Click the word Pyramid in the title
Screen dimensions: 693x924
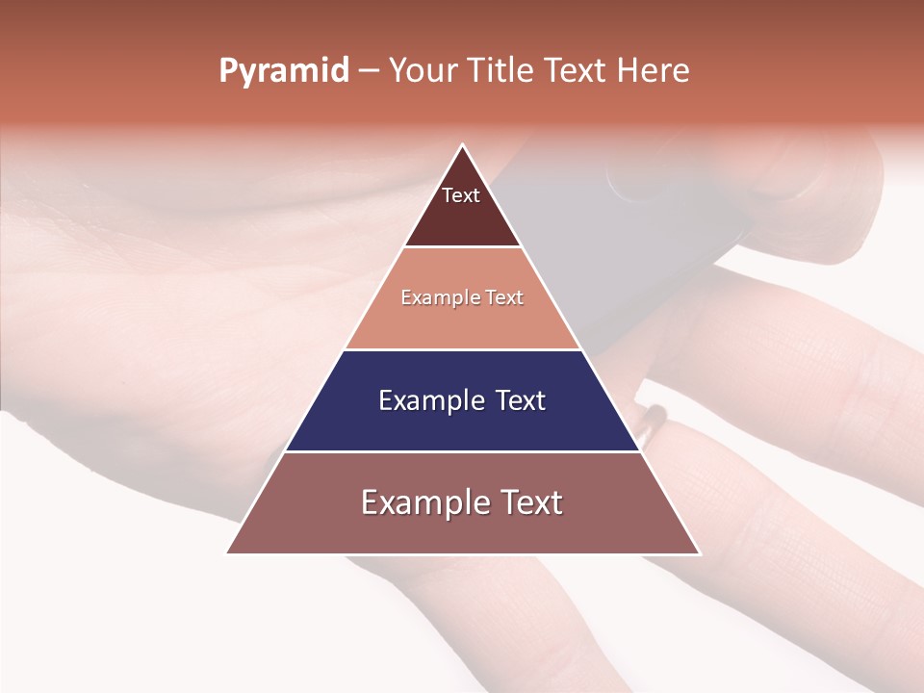(x=283, y=71)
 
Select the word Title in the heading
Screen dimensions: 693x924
(x=502, y=71)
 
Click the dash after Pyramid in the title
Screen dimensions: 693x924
(x=368, y=71)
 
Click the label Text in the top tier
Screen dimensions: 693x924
(x=460, y=195)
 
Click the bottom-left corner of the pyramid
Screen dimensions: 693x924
(x=227, y=553)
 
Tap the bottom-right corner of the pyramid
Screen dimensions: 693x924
(x=700, y=553)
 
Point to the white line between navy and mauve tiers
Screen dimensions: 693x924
(x=462, y=451)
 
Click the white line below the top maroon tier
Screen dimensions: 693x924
(x=462, y=247)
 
